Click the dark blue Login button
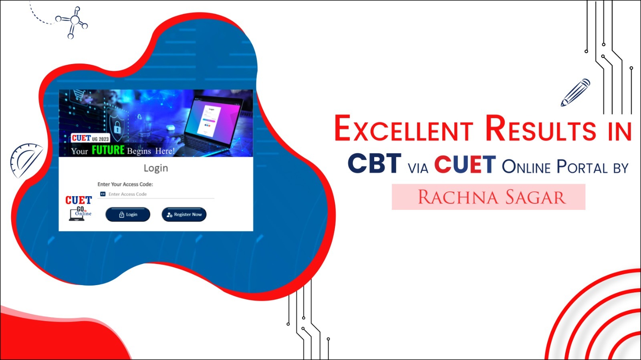pyautogui.click(x=128, y=215)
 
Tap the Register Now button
pyautogui.click(x=184, y=215)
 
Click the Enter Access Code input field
pyautogui.click(x=156, y=194)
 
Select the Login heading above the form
pyautogui.click(x=156, y=168)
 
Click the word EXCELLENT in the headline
pyautogui.click(x=403, y=128)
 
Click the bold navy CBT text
pyautogui.click(x=374, y=163)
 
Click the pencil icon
pyautogui.click(x=575, y=93)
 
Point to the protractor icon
pyautogui.click(x=26, y=160)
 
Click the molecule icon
pyautogui.click(x=72, y=22)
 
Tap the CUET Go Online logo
pyautogui.click(x=79, y=208)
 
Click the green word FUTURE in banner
pyautogui.click(x=108, y=150)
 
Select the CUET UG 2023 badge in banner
pyautogui.click(x=90, y=138)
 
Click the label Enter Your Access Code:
pyautogui.click(x=125, y=185)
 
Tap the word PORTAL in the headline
pyautogui.click(x=582, y=167)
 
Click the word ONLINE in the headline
pyautogui.click(x=526, y=167)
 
